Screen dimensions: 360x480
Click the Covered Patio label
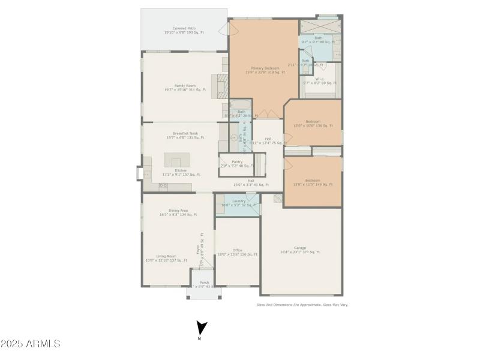184,28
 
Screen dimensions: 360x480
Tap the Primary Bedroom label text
265,68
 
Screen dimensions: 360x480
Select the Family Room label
185,86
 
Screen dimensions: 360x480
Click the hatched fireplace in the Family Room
221,86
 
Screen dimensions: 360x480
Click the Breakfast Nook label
185,133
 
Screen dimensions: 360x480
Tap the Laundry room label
239,201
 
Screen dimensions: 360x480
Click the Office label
238,250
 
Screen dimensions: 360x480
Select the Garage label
300,248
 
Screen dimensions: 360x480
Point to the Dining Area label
178,211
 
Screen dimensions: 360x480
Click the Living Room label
166,256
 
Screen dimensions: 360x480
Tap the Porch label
204,282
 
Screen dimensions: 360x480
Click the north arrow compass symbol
202,329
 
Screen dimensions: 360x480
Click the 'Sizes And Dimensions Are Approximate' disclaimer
302,305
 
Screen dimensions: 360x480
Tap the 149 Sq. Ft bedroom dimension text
313,184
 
